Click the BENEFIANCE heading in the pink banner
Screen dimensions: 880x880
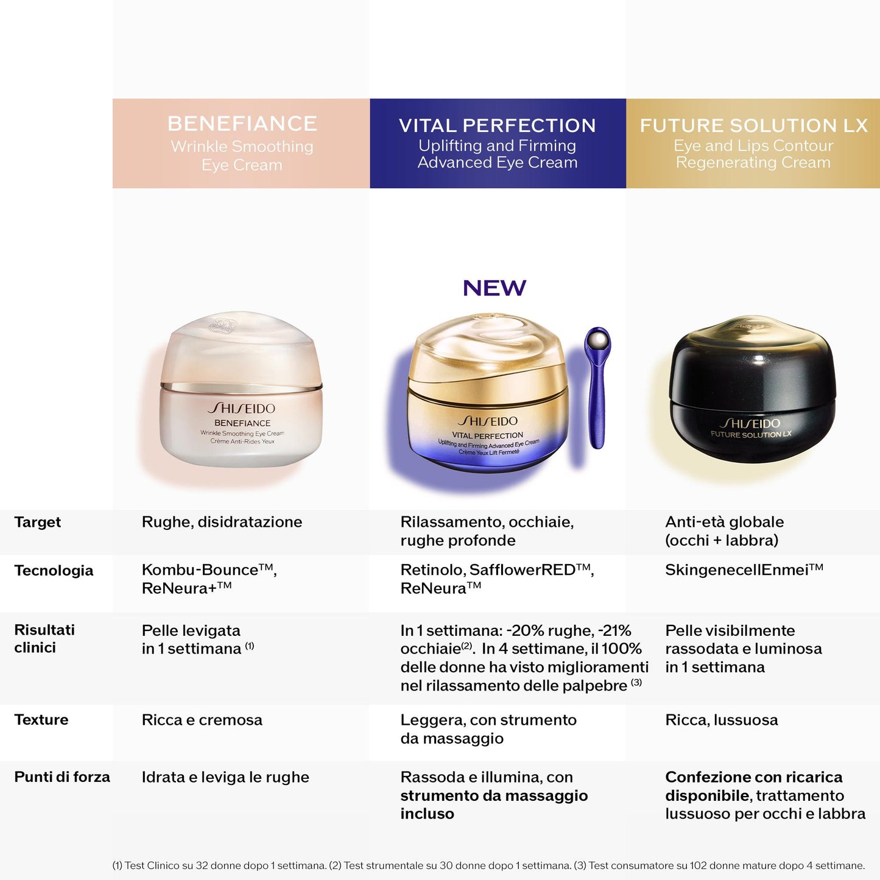point(242,124)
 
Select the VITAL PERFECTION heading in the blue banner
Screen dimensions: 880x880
point(497,125)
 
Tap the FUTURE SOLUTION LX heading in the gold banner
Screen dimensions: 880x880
point(753,125)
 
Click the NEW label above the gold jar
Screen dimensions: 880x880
point(494,288)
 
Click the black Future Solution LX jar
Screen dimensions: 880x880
point(752,390)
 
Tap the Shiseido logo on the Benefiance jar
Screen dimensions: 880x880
point(242,408)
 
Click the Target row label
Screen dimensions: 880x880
point(37,522)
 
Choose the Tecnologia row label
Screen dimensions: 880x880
point(54,571)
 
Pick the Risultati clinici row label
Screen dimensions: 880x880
point(44,638)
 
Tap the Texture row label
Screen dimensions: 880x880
point(41,720)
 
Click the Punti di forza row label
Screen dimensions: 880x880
point(62,777)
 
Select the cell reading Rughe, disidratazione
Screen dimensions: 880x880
point(222,522)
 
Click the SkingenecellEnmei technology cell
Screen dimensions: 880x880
point(744,570)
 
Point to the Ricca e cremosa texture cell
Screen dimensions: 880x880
point(202,720)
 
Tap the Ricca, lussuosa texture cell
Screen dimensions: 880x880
point(721,720)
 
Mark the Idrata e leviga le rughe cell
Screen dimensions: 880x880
point(225,777)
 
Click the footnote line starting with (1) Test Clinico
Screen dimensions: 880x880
point(488,865)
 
